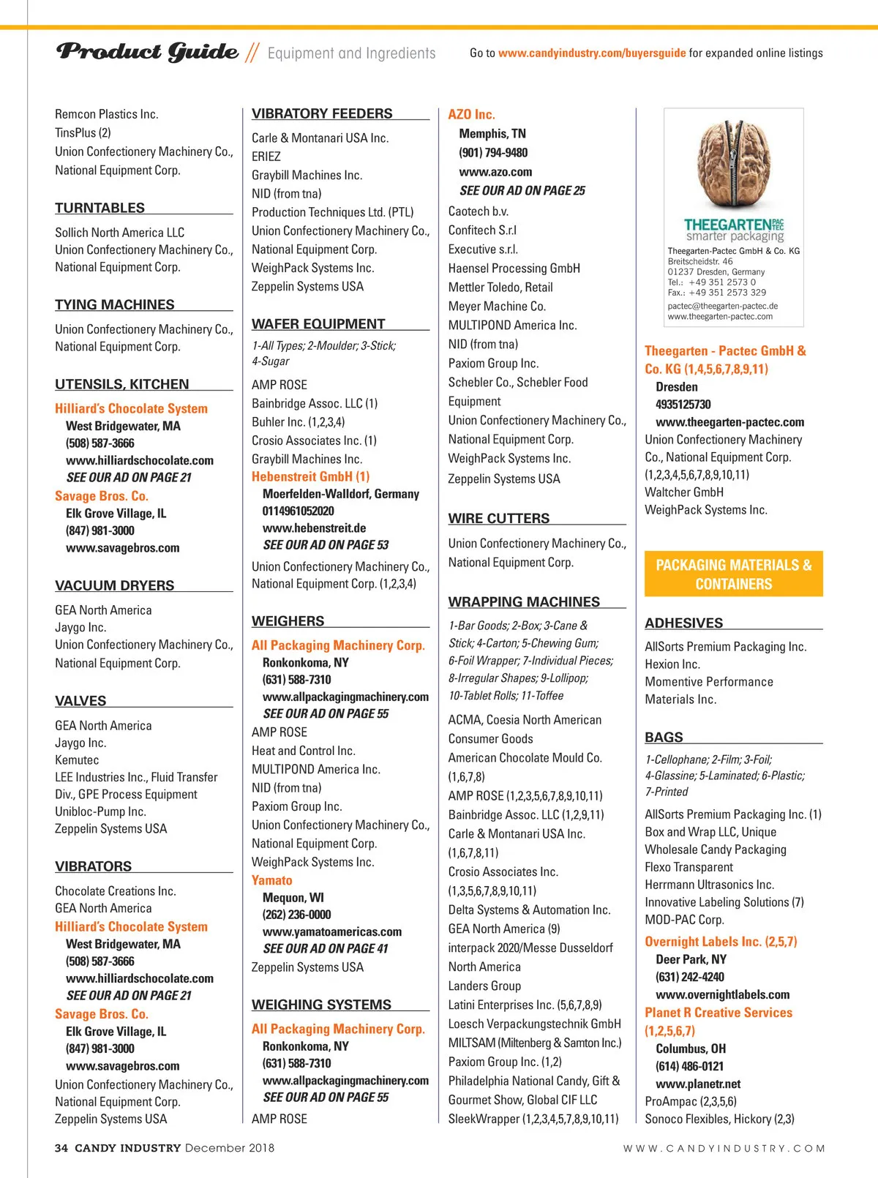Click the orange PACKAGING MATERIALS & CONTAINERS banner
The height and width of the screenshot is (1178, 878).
click(733, 574)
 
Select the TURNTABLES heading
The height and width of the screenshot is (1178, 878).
click(100, 208)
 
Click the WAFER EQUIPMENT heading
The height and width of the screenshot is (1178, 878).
click(318, 324)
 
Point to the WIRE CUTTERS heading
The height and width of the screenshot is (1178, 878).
click(499, 519)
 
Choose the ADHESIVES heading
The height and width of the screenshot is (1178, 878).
click(683, 623)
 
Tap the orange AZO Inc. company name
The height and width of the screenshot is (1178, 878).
click(471, 115)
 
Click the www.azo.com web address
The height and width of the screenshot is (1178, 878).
click(495, 172)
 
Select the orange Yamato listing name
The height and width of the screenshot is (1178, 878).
click(271, 881)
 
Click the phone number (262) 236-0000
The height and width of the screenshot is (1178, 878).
click(296, 915)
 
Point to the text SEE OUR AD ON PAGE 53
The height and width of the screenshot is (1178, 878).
click(326, 545)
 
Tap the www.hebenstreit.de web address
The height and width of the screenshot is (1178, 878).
click(314, 528)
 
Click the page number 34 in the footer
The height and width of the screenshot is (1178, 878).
click(61, 1148)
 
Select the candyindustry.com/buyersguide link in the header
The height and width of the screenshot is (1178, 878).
click(592, 53)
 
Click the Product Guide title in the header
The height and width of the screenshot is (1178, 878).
click(148, 52)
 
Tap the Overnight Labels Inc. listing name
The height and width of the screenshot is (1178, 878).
click(721, 942)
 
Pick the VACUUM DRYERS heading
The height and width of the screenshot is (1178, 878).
click(115, 585)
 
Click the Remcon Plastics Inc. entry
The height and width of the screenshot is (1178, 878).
click(107, 114)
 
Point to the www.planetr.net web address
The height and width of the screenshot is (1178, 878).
click(698, 1084)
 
